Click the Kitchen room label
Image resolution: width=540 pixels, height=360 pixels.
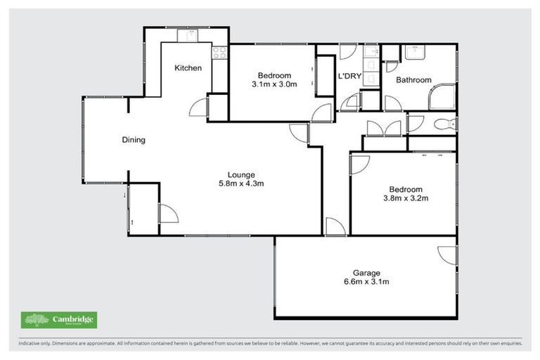click(188, 68)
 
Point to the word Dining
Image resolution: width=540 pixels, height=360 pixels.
click(134, 140)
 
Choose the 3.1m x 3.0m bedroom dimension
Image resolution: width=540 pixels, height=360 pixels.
click(274, 84)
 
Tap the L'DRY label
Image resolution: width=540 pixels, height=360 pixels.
click(349, 76)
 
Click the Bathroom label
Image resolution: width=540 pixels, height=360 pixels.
click(413, 80)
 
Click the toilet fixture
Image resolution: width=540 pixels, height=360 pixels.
click(444, 124)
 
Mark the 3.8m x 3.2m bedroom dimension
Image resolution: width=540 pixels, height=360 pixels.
click(406, 199)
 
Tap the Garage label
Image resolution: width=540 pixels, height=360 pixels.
click(366, 273)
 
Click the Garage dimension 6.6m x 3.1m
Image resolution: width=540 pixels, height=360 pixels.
click(366, 282)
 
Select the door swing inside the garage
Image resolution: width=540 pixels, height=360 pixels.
click(447, 255)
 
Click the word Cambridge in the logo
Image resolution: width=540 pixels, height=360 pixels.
click(74, 319)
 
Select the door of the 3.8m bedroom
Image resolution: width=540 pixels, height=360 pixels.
click(359, 163)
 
